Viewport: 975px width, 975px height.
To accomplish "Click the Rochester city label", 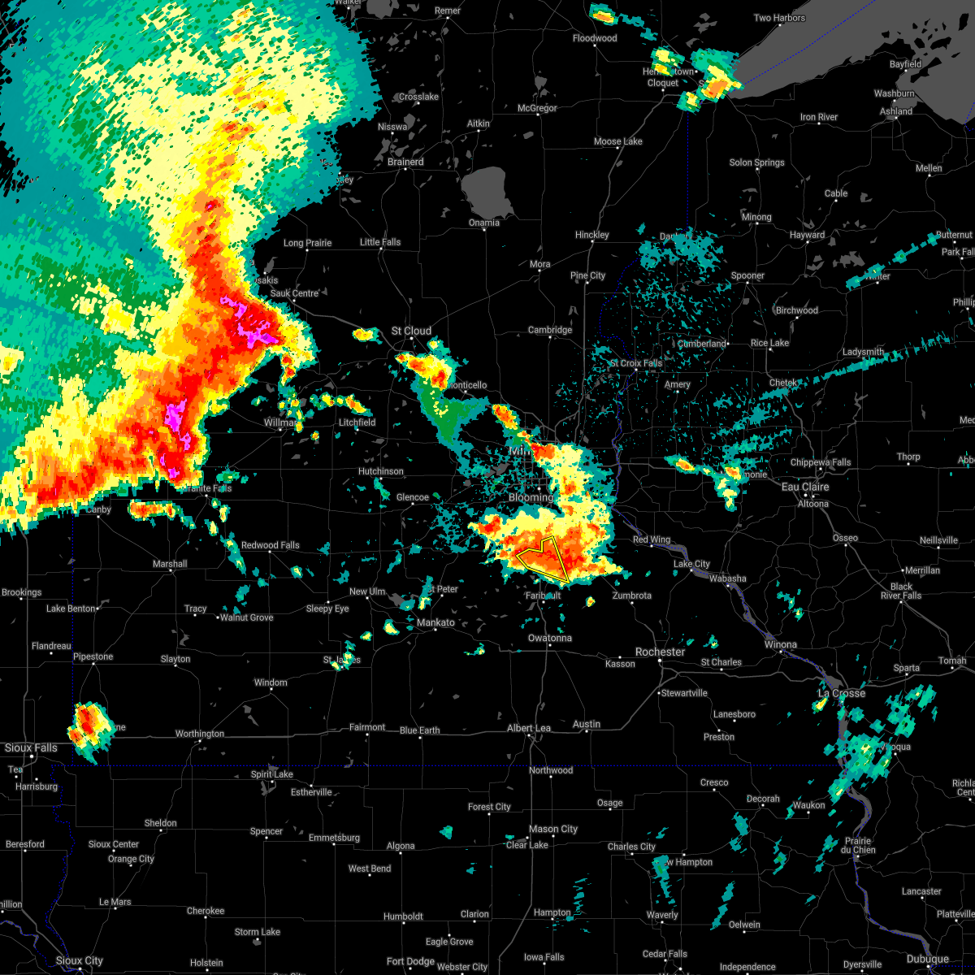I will pyautogui.click(x=660, y=652).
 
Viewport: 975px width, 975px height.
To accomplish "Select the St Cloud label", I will pyautogui.click(x=411, y=331).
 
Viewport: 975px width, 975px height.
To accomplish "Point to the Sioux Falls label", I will pyautogui.click(x=31, y=747).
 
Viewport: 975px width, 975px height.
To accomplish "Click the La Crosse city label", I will pyautogui.click(x=841, y=693).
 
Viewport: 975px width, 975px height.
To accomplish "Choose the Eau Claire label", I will pyautogui.click(x=805, y=487).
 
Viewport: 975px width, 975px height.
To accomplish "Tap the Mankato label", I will pyautogui.click(x=435, y=622).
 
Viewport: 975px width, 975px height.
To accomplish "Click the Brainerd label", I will pyautogui.click(x=405, y=162).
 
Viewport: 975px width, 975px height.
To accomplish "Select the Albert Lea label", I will pyautogui.click(x=528, y=728).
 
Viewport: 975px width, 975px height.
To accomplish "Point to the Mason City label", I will pyautogui.click(x=553, y=829).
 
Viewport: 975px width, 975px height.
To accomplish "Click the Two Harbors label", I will pyautogui.click(x=779, y=18).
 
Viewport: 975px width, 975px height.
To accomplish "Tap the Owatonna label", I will pyautogui.click(x=550, y=638).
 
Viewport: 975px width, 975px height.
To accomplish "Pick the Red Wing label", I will pyautogui.click(x=652, y=539).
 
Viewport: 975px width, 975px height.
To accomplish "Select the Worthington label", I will pyautogui.click(x=199, y=734).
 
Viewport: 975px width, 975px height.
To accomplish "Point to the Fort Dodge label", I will pyautogui.click(x=410, y=961).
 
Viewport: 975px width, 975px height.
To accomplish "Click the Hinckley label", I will pyautogui.click(x=591, y=235).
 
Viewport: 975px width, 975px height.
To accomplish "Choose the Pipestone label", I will pyautogui.click(x=93, y=656).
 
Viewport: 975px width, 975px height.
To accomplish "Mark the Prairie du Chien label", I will pyautogui.click(x=857, y=845).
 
